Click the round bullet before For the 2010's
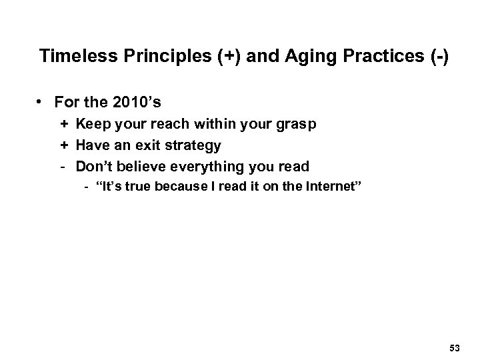(x=41, y=103)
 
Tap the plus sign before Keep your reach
(x=64, y=124)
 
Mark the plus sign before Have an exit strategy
(x=64, y=145)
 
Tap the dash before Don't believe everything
(x=64, y=165)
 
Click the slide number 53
(x=455, y=347)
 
